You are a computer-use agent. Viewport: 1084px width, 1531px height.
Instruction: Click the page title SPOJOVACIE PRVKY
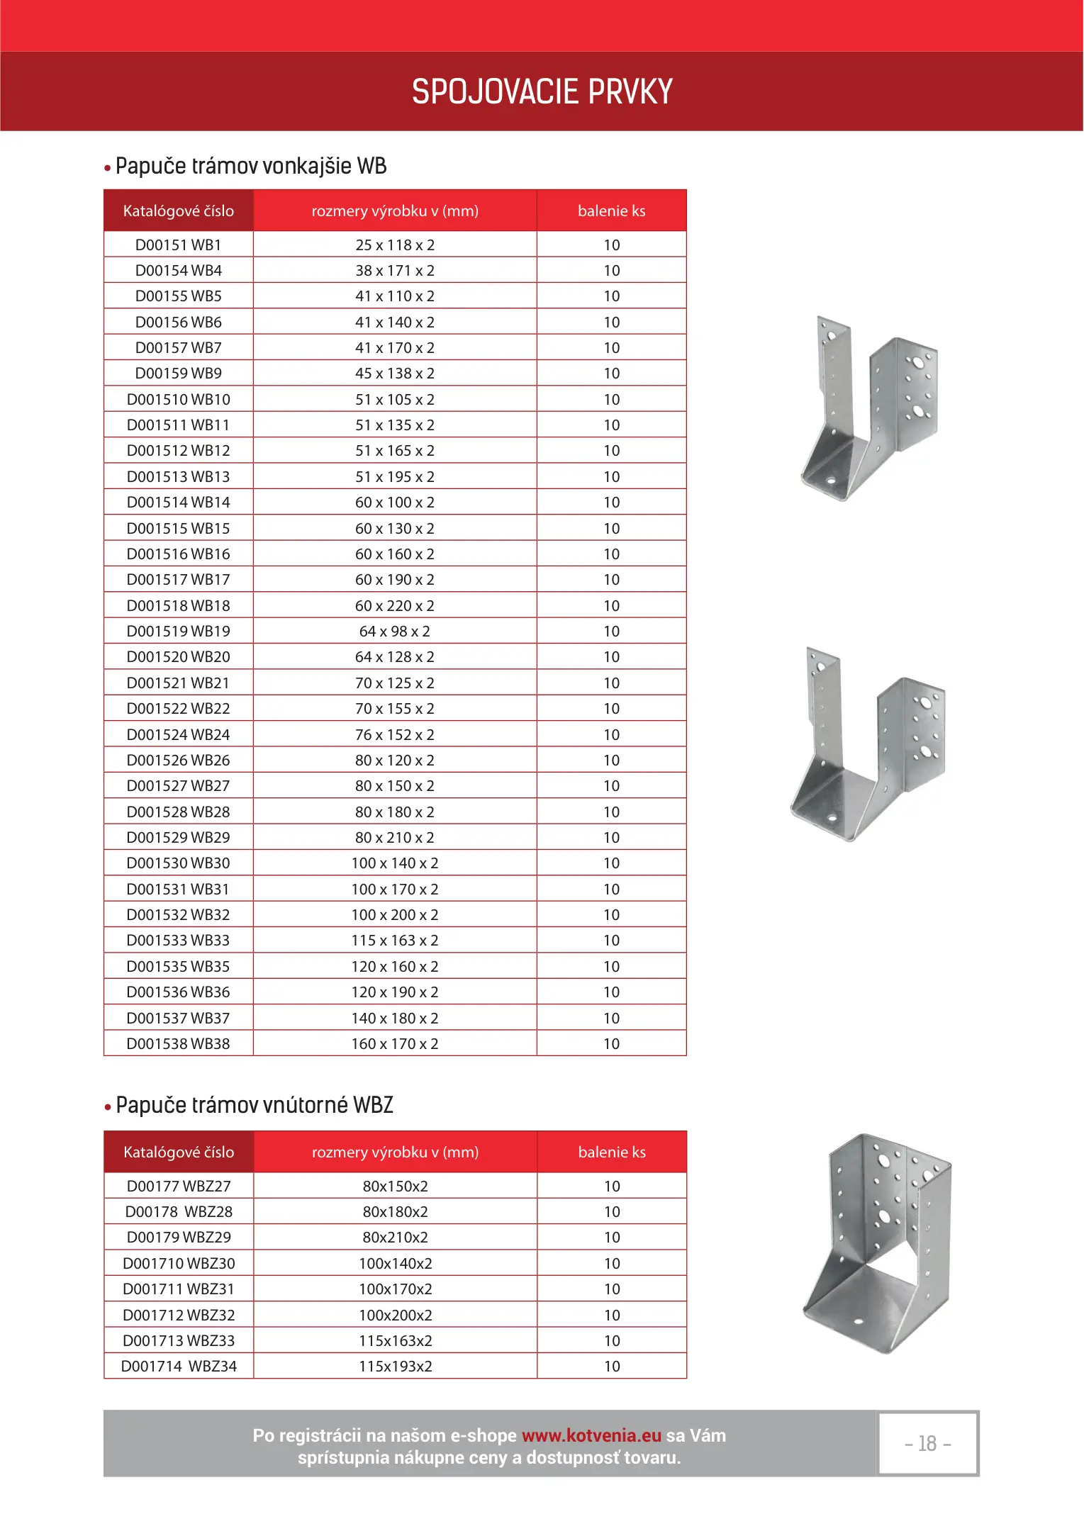tap(542, 92)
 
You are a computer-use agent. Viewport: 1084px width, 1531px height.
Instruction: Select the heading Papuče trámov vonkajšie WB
tap(250, 167)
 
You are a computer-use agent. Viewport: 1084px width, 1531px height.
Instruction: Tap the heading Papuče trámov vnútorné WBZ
tap(254, 1105)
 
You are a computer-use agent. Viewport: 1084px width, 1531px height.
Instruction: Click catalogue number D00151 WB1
tap(179, 245)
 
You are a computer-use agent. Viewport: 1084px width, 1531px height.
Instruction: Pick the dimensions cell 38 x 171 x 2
tap(395, 271)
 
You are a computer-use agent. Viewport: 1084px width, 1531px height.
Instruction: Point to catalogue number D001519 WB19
tap(179, 632)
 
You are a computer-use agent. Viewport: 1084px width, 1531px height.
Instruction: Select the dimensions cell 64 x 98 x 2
tap(395, 632)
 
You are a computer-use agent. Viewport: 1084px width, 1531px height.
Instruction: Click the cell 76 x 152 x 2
tap(395, 735)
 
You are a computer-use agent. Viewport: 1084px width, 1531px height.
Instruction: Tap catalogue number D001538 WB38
tap(179, 1044)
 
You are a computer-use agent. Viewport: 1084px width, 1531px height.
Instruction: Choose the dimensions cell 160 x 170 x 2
tap(395, 1044)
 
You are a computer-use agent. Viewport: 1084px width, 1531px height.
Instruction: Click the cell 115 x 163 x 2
tap(395, 941)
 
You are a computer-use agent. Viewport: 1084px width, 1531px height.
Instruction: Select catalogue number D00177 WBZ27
tap(179, 1187)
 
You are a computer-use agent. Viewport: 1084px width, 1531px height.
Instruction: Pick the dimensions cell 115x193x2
tap(396, 1367)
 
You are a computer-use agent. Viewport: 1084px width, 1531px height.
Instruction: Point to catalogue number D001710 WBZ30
tap(179, 1264)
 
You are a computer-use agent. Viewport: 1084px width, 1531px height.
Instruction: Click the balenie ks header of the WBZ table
tap(612, 1153)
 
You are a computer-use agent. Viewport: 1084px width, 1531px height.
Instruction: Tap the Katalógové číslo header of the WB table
tap(179, 211)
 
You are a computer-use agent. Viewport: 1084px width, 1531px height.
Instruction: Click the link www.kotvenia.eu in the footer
tap(591, 1436)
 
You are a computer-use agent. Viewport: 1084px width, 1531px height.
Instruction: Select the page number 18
tap(928, 1444)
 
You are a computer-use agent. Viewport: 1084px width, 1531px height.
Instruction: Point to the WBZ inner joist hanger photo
tap(878, 1244)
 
